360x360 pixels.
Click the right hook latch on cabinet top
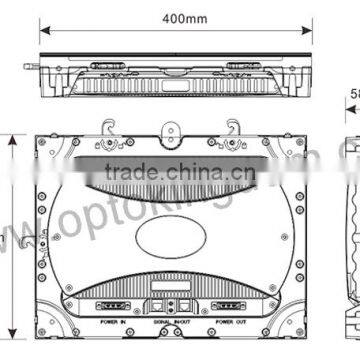236,128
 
